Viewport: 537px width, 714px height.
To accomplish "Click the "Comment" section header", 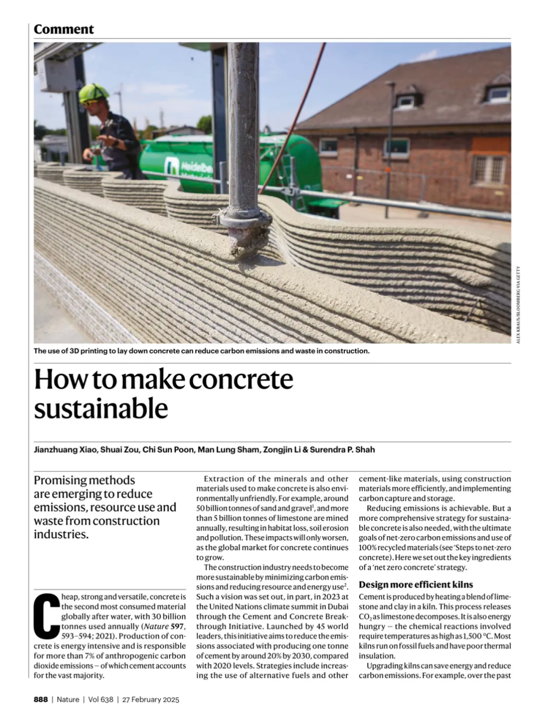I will (63, 29).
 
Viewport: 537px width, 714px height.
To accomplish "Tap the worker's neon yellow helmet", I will (94, 92).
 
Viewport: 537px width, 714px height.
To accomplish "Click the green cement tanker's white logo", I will (171, 165).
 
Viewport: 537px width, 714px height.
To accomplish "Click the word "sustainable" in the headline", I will (101, 408).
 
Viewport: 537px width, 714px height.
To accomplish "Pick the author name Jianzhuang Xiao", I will (64, 450).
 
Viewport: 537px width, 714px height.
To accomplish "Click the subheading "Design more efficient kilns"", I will (416, 585).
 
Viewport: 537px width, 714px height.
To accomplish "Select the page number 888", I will (41, 699).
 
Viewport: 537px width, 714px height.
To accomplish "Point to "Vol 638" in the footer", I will (100, 699).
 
